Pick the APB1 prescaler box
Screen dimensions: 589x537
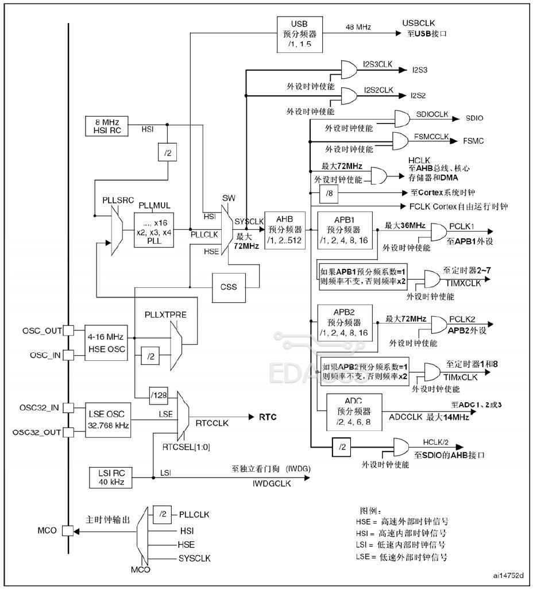(x=345, y=230)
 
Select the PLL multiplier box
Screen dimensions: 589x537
(x=154, y=229)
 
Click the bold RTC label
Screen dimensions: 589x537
(x=268, y=417)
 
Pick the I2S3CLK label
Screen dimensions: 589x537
(x=377, y=65)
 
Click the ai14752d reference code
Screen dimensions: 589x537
(x=508, y=575)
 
